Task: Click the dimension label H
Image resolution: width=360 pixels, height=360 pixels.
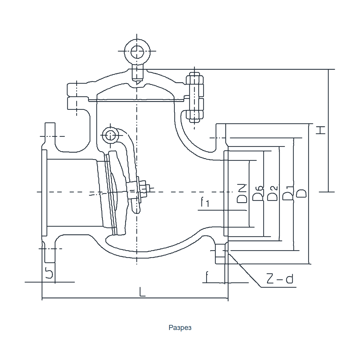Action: coord(320,130)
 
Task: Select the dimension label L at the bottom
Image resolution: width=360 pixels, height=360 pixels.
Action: coord(142,292)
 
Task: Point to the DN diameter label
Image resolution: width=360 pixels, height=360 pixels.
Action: coord(242,193)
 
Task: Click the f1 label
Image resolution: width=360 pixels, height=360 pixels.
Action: coord(205,202)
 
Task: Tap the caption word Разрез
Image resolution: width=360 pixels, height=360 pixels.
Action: coord(180,328)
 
